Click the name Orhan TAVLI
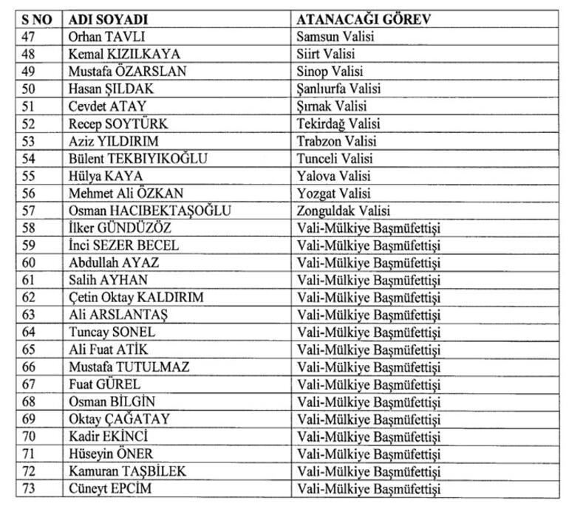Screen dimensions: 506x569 pos(105,36)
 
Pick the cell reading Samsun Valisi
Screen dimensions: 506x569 pos(330,36)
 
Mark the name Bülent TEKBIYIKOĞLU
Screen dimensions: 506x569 pos(137,158)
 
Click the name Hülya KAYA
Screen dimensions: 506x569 pos(105,176)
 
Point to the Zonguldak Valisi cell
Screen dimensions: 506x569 pos(343,211)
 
